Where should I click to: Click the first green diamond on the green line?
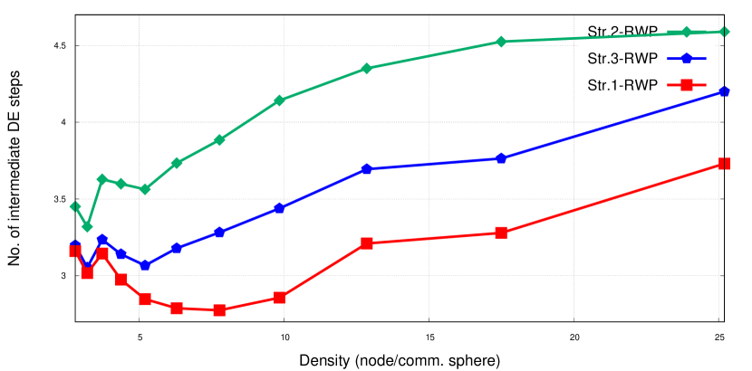coord(75,206)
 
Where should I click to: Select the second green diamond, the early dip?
coord(87,226)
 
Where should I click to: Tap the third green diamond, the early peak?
coord(102,179)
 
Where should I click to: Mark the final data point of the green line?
coord(723,33)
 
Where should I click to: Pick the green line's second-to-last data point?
coord(686,33)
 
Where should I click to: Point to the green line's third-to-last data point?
coord(501,42)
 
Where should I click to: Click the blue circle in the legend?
coord(686,59)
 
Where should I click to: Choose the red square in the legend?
coord(686,85)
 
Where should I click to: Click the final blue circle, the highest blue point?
coord(723,91)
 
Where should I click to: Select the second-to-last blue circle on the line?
coord(501,158)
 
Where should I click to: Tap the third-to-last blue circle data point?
coord(366,169)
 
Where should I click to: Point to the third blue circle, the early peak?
coord(102,240)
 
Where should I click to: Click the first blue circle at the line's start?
coord(75,245)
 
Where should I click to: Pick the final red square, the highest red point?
coord(724,164)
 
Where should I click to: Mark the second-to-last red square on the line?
coord(501,233)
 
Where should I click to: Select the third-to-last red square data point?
coord(366,243)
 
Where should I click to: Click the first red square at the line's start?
coord(74,252)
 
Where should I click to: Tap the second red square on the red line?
coord(87,273)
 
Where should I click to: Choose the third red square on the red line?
coord(102,254)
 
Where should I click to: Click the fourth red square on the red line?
coord(121,280)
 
